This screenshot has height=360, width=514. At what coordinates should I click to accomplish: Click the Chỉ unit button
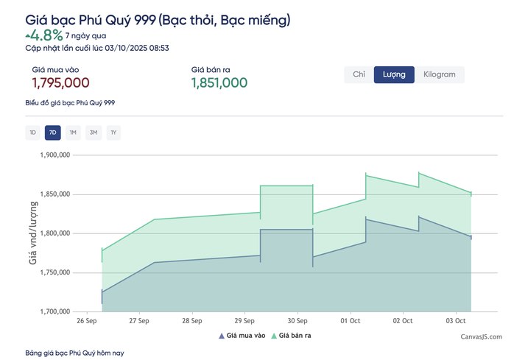[359, 74]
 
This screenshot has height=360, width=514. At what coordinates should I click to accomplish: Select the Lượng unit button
[394, 74]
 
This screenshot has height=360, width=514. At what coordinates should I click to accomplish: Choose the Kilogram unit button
[439, 74]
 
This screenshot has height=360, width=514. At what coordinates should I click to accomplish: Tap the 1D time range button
[32, 133]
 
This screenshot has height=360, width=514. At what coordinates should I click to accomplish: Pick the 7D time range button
[52, 133]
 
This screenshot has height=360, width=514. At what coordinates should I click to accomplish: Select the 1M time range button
[72, 133]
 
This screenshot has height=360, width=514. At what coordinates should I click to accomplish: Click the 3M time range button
[93, 133]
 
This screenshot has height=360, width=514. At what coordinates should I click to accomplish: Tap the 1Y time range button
[113, 133]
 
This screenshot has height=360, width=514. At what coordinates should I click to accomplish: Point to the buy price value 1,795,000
[60, 83]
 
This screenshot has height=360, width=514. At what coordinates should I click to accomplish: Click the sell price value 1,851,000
[219, 83]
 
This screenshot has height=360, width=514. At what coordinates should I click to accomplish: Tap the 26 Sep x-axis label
[87, 322]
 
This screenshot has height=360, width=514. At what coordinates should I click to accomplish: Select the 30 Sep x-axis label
[298, 322]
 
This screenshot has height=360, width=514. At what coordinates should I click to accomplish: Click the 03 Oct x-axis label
[456, 322]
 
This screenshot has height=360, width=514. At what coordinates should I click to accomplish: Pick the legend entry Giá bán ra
[292, 336]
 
